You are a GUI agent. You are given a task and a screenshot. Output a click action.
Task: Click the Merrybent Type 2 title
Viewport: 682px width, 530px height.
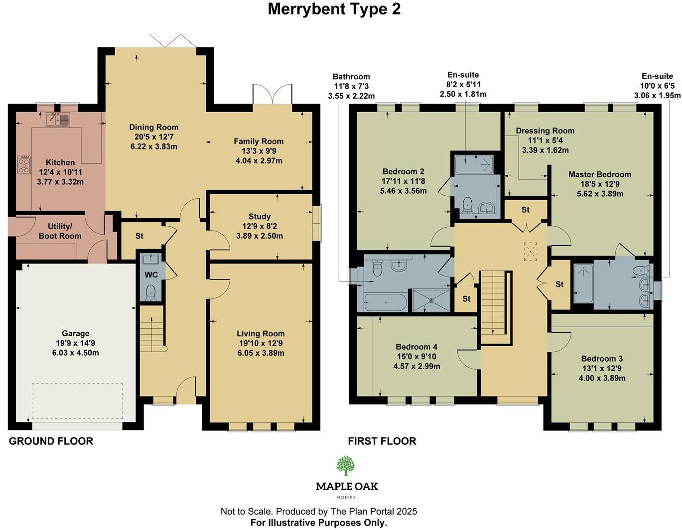click(x=334, y=9)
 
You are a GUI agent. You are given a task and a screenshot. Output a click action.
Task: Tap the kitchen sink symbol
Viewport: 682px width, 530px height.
click(x=57, y=120)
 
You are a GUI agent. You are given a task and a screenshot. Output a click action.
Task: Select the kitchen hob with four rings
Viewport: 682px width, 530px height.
click(x=24, y=165)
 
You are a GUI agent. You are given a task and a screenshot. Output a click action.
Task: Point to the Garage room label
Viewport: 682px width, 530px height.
click(x=76, y=334)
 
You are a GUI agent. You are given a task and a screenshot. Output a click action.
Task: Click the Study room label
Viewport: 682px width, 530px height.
click(x=260, y=217)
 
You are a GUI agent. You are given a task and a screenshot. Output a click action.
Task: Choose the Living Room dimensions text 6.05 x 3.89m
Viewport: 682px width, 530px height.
click(x=261, y=353)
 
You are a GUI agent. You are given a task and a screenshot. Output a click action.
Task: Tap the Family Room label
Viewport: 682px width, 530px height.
click(x=259, y=141)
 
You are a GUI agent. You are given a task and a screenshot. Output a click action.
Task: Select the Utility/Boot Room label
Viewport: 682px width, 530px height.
click(x=60, y=231)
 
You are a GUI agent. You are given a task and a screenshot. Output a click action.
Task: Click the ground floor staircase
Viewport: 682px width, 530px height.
click(x=151, y=326)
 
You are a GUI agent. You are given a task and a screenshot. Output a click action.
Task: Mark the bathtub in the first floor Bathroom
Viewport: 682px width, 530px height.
click(x=385, y=302)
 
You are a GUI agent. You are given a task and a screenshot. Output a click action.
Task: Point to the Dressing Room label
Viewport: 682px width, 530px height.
click(x=545, y=131)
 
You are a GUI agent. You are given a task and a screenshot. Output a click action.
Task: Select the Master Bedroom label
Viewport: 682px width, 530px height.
click(x=600, y=174)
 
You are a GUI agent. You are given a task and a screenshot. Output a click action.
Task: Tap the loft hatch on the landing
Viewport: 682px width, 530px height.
click(x=531, y=251)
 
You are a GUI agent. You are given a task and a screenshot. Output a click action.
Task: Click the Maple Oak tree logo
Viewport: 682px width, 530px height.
click(x=346, y=466)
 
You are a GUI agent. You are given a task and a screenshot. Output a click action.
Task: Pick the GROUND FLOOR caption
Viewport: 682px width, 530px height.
click(x=51, y=441)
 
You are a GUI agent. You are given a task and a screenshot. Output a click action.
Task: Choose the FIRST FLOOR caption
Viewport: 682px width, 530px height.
click(x=382, y=441)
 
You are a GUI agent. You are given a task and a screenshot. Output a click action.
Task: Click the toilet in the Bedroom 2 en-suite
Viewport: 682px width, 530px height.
click(x=467, y=204)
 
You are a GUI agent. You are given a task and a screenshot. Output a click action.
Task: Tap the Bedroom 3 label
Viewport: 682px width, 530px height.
click(x=602, y=359)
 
